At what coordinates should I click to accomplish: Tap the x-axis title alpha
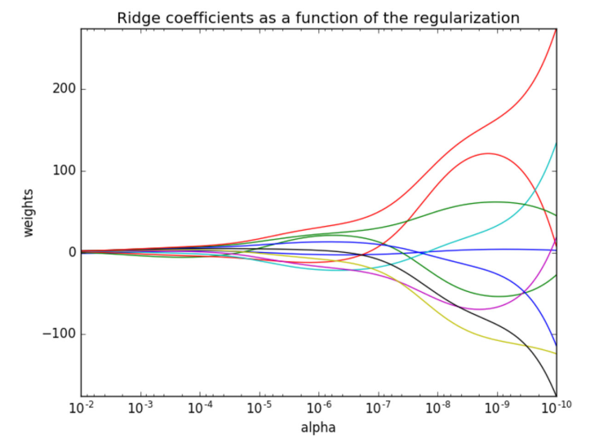(x=318, y=427)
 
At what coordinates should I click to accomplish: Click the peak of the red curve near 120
(x=488, y=153)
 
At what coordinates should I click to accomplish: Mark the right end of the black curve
(x=556, y=395)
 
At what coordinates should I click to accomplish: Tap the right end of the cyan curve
(x=556, y=144)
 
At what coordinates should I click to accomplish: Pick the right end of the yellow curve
(x=556, y=353)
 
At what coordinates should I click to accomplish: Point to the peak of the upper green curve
(x=496, y=201)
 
